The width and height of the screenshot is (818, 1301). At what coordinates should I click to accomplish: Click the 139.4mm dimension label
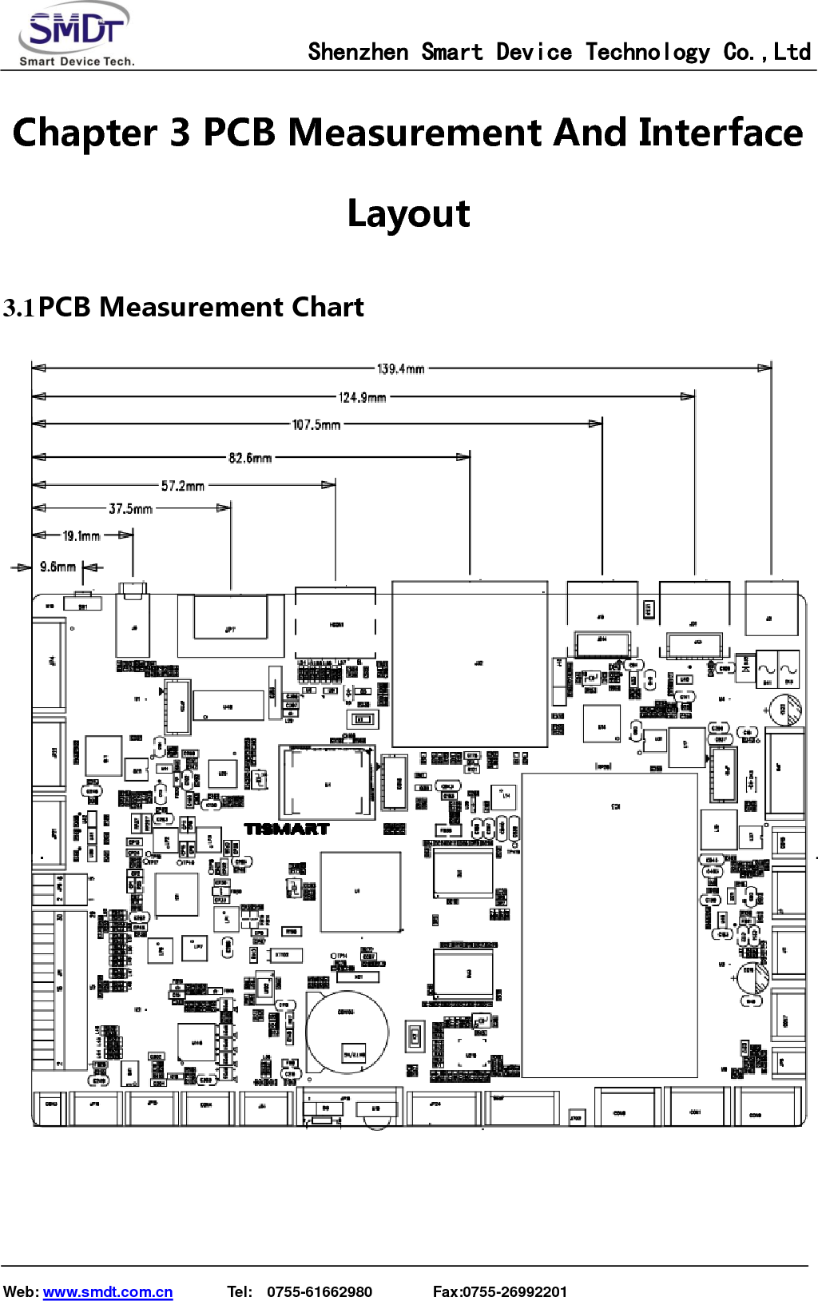[401, 368]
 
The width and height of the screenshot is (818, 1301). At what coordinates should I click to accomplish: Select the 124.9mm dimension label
[363, 397]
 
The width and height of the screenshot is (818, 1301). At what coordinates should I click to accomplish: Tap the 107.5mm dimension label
[316, 424]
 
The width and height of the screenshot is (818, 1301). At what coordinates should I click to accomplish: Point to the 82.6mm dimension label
[250, 458]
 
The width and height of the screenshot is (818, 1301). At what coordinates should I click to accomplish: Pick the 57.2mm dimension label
[183, 486]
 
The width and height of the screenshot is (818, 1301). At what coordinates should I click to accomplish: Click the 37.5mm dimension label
[130, 509]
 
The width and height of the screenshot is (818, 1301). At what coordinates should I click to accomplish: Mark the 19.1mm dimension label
[81, 536]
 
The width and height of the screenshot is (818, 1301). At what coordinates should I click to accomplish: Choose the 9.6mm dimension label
[58, 567]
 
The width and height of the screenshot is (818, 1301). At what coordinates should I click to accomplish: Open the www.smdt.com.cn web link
[108, 1291]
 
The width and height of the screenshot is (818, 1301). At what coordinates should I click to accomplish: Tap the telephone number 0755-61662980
[320, 1291]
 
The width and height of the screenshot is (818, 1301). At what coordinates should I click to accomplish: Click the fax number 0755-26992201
[515, 1291]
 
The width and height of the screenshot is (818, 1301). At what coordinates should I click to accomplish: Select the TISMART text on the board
[287, 829]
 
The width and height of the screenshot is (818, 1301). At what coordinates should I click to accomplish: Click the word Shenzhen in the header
[358, 53]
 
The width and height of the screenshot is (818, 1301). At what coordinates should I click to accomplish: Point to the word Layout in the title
[409, 213]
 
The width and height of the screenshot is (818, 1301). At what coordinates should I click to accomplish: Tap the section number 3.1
[19, 308]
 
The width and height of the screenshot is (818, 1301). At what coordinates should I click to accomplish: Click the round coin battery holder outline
[347, 1031]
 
